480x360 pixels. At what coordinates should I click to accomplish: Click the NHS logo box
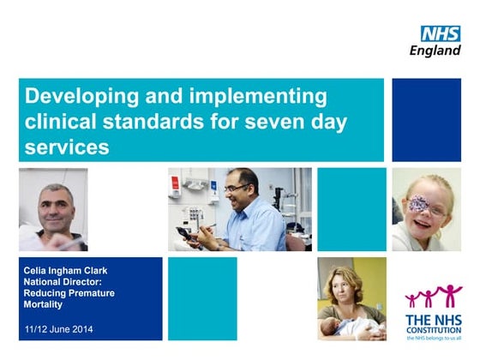[x=440, y=33]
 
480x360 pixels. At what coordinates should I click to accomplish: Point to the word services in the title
[x=68, y=147]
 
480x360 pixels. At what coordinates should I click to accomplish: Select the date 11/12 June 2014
[x=59, y=329]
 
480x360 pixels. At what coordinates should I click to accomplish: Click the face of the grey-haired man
[x=52, y=209]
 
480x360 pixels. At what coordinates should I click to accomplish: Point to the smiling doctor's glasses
[x=235, y=189]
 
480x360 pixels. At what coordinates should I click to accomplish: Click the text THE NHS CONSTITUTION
[x=433, y=323]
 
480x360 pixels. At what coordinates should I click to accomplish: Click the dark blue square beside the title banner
[x=427, y=120]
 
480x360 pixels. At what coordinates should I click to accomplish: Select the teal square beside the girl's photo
[x=351, y=209]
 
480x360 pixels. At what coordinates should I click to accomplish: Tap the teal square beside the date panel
[x=202, y=298]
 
